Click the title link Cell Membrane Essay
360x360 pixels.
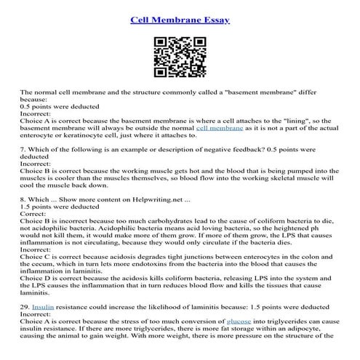click(180, 19)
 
